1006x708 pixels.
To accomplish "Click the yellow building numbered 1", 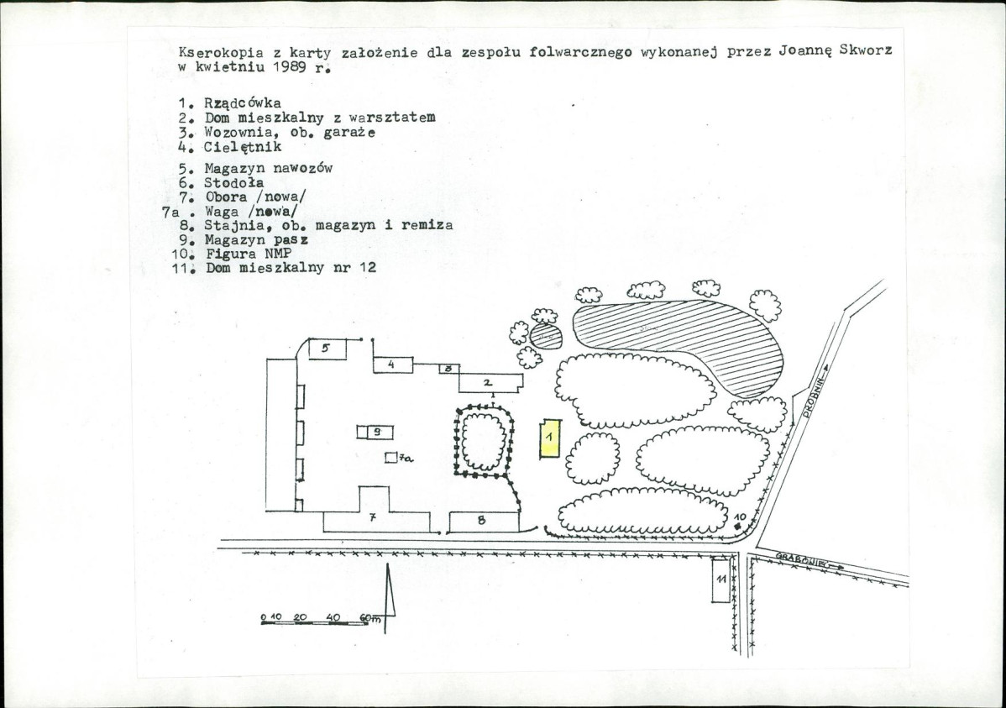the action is (x=550, y=438).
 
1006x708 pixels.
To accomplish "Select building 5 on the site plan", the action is (x=327, y=349).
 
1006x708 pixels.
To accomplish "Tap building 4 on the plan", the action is (x=393, y=364).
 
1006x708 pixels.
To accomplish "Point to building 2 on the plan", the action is (x=490, y=383).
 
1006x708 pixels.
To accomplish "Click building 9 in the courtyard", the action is (x=375, y=432).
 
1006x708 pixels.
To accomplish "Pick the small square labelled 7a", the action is (x=390, y=457).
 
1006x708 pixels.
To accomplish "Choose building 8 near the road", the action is (x=484, y=522).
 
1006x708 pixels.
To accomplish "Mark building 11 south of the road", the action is (x=720, y=580).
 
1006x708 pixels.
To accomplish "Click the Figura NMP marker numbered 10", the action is (x=738, y=526).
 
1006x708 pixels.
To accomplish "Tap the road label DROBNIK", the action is (x=815, y=396).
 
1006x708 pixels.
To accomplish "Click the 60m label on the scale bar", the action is (x=370, y=618).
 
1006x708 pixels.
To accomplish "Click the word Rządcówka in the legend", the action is (x=243, y=102).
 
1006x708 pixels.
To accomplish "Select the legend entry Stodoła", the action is (x=233, y=183).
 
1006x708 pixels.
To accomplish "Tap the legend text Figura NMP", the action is (x=249, y=254).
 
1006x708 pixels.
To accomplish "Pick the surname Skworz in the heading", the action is (x=866, y=50).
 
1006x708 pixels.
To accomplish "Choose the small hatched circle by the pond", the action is (x=546, y=336).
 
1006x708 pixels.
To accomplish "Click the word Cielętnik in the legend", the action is (x=243, y=147).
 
